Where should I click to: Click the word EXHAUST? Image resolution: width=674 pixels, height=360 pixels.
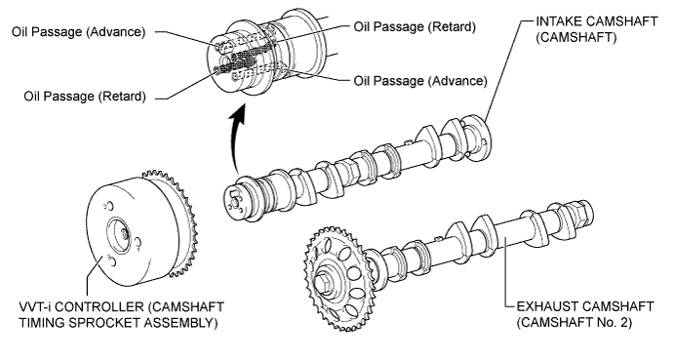(x=549, y=306)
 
